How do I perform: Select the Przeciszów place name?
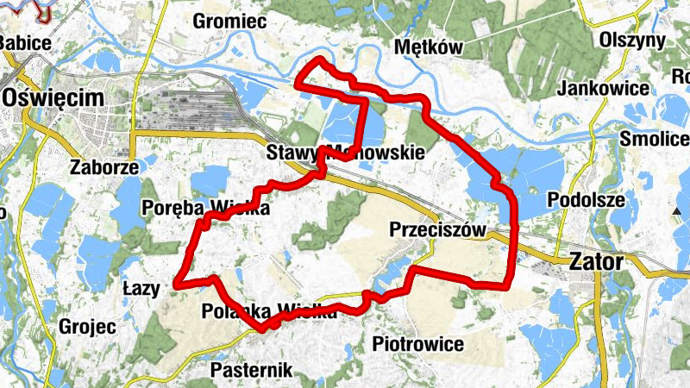(437, 230)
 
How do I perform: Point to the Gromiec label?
(229, 21)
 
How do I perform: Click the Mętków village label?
(428, 47)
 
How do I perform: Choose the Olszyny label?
(633, 41)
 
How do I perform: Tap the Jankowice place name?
(603, 88)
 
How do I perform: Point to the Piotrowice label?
(417, 345)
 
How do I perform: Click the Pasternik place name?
(252, 371)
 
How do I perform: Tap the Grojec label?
(87, 327)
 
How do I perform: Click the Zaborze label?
(105, 167)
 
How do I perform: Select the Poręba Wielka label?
(206, 208)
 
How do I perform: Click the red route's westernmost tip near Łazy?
(176, 282)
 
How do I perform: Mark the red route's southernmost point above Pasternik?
(260, 329)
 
